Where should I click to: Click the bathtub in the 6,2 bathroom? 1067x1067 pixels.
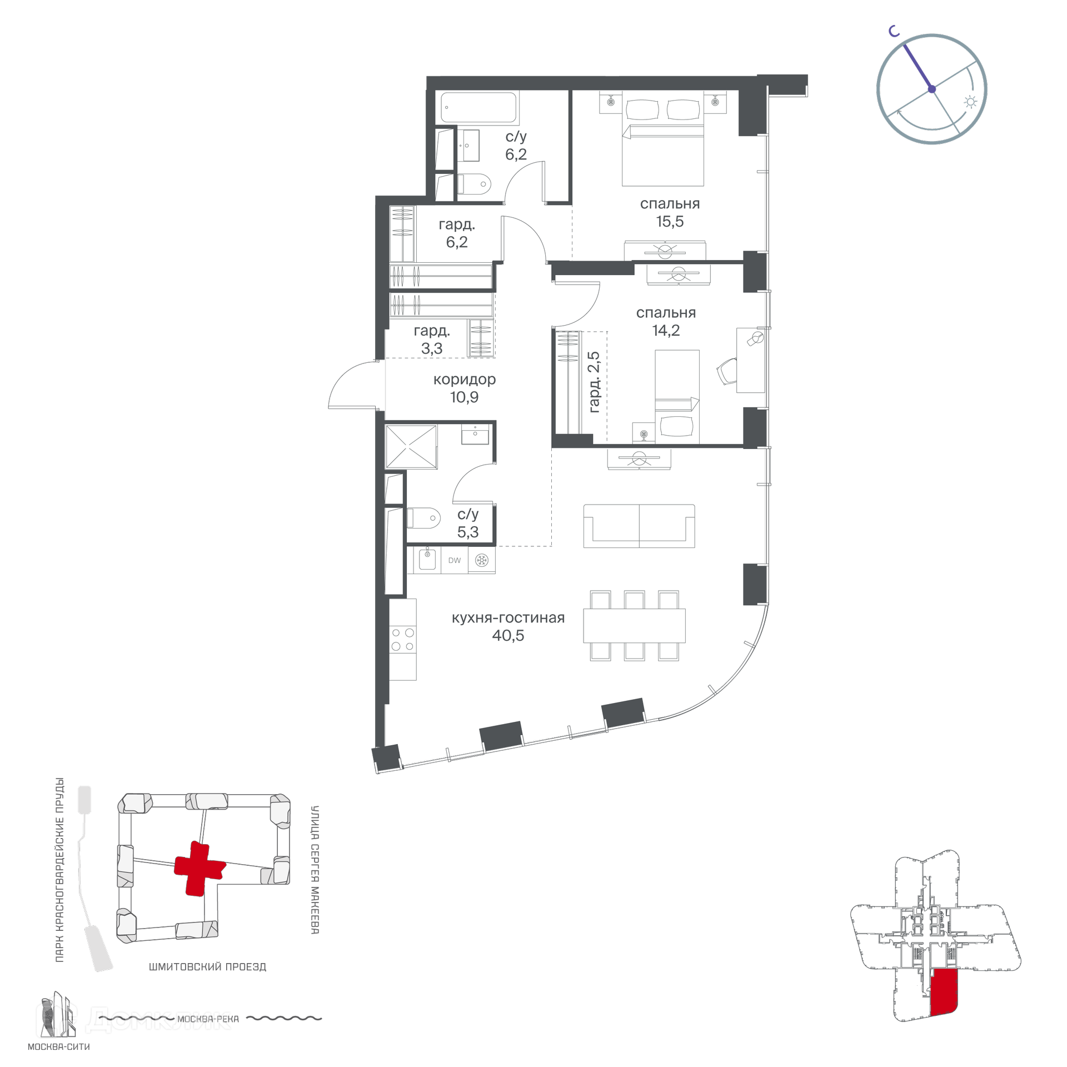pos(478,107)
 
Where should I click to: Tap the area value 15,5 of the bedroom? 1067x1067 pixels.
pos(670,222)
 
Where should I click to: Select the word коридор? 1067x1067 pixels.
pos(465,380)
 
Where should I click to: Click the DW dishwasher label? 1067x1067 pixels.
pos(455,560)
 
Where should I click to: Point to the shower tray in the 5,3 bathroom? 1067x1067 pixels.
pos(411,446)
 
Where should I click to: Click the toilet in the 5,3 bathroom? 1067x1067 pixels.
pos(423,518)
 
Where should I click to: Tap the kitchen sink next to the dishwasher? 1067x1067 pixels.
pos(427,559)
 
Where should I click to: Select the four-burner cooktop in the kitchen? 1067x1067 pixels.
pos(403,639)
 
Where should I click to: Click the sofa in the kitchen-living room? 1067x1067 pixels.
pos(639,526)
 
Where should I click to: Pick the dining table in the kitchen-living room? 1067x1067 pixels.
pos(634,626)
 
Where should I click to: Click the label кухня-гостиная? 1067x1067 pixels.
pos(508,618)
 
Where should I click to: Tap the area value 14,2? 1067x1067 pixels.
pos(666,331)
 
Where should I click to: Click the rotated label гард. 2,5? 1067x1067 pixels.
pos(594,382)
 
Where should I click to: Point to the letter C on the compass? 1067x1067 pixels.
pos(894,31)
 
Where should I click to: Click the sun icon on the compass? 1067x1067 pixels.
pos(971,102)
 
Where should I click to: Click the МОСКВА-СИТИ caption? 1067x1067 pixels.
pos(59,1047)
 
